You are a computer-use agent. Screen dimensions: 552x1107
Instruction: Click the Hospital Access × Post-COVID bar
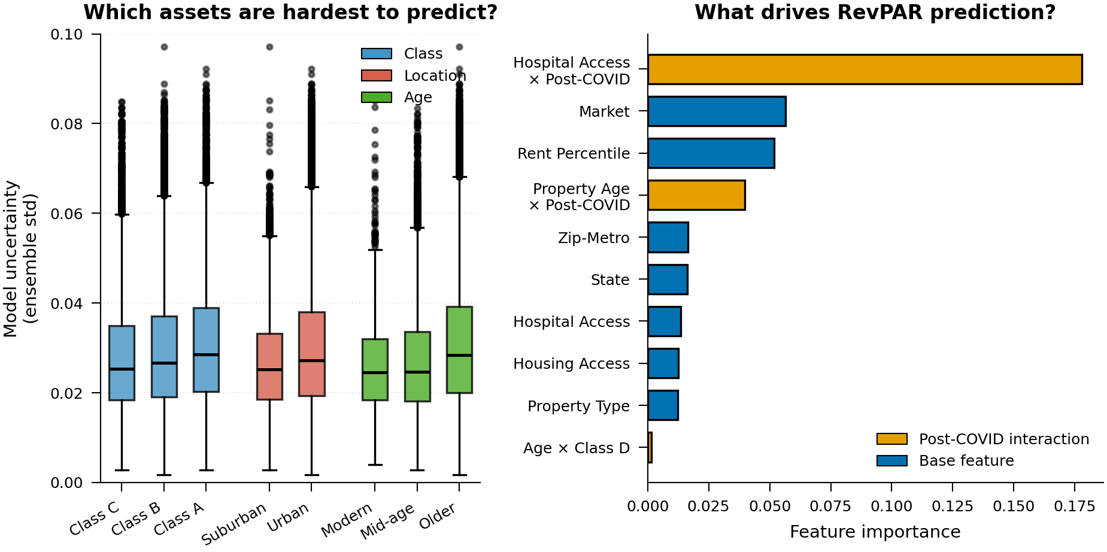(x=864, y=69)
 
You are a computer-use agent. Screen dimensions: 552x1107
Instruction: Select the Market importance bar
(x=716, y=111)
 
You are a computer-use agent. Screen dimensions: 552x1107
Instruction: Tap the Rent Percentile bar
(x=711, y=153)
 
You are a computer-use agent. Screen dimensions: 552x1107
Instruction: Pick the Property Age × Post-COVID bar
(x=696, y=195)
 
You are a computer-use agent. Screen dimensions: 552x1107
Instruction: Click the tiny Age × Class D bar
(x=650, y=448)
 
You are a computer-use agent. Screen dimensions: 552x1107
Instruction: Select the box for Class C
(x=122, y=363)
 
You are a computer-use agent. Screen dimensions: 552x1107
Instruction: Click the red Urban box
(x=311, y=354)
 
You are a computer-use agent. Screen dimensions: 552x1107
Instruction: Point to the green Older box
(x=459, y=350)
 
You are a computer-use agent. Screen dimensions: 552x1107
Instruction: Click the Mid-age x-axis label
(x=387, y=520)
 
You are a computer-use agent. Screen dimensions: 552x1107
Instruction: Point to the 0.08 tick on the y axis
(x=66, y=124)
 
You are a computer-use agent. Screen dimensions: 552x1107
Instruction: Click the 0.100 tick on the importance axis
(x=891, y=506)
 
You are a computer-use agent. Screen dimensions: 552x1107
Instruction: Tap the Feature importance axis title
(x=875, y=532)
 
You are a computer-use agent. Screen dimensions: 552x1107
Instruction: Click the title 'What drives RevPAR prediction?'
(x=875, y=12)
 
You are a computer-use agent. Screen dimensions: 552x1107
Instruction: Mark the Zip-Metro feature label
(x=593, y=238)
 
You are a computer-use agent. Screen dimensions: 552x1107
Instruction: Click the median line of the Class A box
(x=206, y=354)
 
